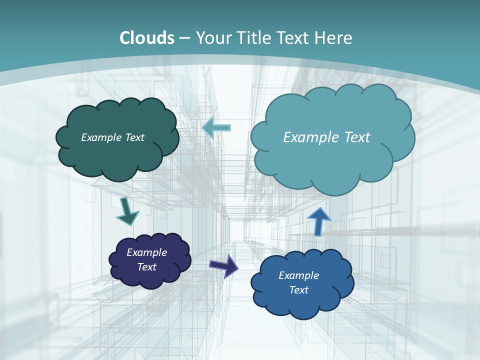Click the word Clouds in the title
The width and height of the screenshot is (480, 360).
point(147,38)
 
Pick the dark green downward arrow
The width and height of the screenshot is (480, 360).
point(127,211)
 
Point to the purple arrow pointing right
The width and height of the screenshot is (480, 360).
point(224,265)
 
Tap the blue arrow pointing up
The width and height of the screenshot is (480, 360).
point(318,221)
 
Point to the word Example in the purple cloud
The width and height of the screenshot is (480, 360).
point(146,252)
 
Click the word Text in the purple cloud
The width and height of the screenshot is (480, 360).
point(146,267)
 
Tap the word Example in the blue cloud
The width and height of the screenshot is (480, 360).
point(298,275)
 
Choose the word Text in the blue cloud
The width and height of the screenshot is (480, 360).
point(298,290)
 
